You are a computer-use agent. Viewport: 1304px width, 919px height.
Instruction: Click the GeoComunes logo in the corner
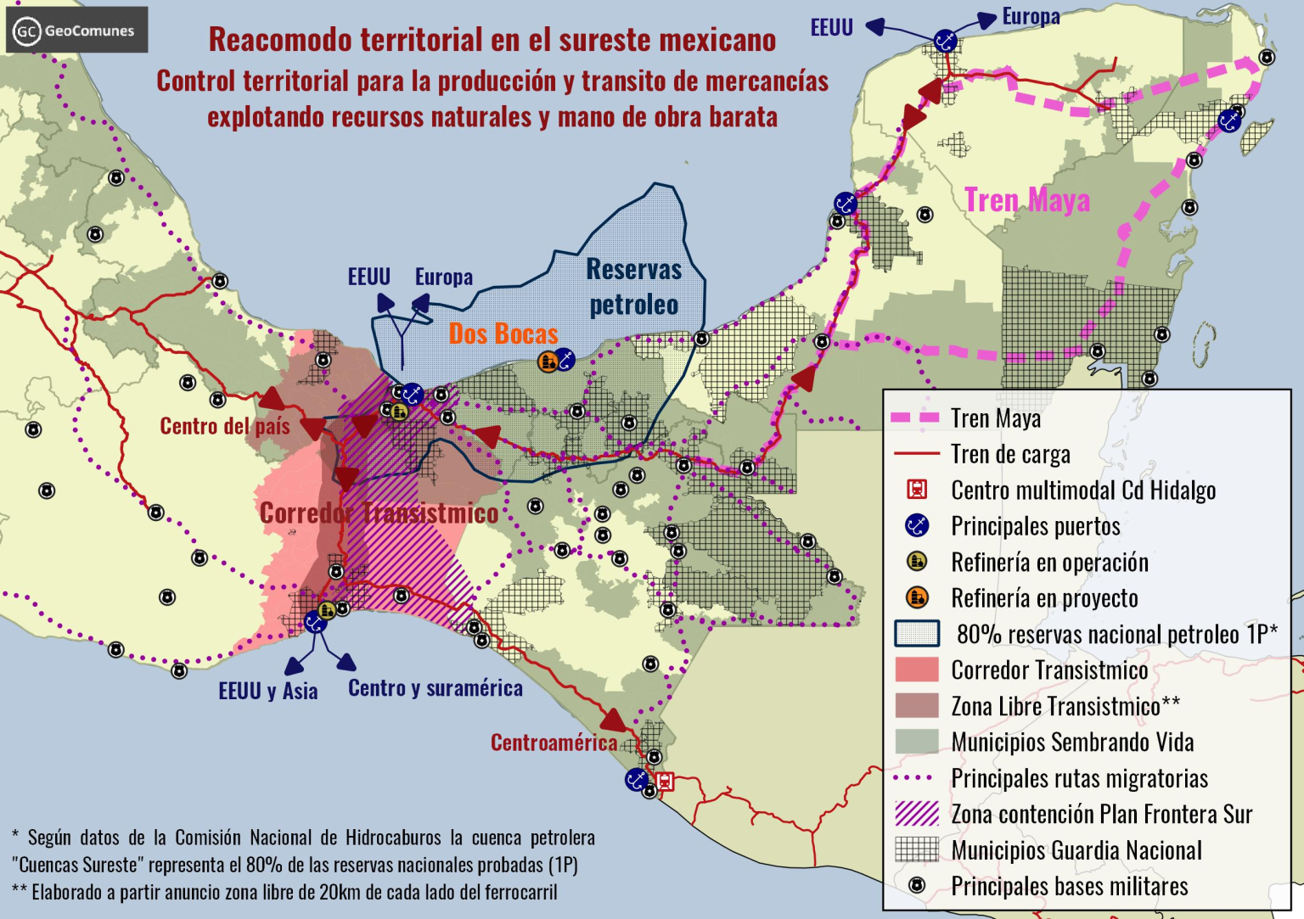(x=76, y=31)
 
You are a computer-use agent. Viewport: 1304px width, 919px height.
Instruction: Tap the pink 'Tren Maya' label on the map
(x=1026, y=200)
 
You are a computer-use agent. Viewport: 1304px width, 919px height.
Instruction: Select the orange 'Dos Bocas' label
(x=503, y=334)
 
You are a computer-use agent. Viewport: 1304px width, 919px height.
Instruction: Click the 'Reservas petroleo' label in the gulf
(x=634, y=287)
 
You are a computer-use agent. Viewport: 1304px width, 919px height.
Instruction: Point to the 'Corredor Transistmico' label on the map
(x=379, y=513)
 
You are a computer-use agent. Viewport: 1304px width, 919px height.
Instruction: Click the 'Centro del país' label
(x=225, y=426)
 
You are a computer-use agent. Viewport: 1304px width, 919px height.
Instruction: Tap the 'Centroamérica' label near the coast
(x=554, y=743)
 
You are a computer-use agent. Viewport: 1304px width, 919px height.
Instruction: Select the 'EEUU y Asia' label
(x=267, y=692)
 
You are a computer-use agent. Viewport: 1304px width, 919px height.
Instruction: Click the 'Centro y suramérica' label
(x=435, y=688)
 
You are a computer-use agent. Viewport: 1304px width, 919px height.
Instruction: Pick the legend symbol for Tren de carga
(x=917, y=454)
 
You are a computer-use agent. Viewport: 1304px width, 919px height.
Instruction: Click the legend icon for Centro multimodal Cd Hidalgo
(x=917, y=490)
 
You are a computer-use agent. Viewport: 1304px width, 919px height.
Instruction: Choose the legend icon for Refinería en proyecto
(x=917, y=597)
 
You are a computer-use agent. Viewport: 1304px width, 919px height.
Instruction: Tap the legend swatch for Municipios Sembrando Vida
(x=917, y=742)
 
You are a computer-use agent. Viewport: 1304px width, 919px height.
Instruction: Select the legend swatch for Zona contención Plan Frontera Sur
(x=917, y=814)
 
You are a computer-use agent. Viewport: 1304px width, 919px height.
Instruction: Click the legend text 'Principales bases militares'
(x=1069, y=887)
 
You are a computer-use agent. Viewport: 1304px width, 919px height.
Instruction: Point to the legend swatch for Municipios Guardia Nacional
(x=917, y=849)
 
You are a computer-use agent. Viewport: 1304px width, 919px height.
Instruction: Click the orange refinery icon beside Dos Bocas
(x=548, y=361)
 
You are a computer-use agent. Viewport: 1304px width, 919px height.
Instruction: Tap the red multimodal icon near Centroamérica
(x=666, y=782)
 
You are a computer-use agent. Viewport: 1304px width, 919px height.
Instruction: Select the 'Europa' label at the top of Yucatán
(x=1031, y=16)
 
